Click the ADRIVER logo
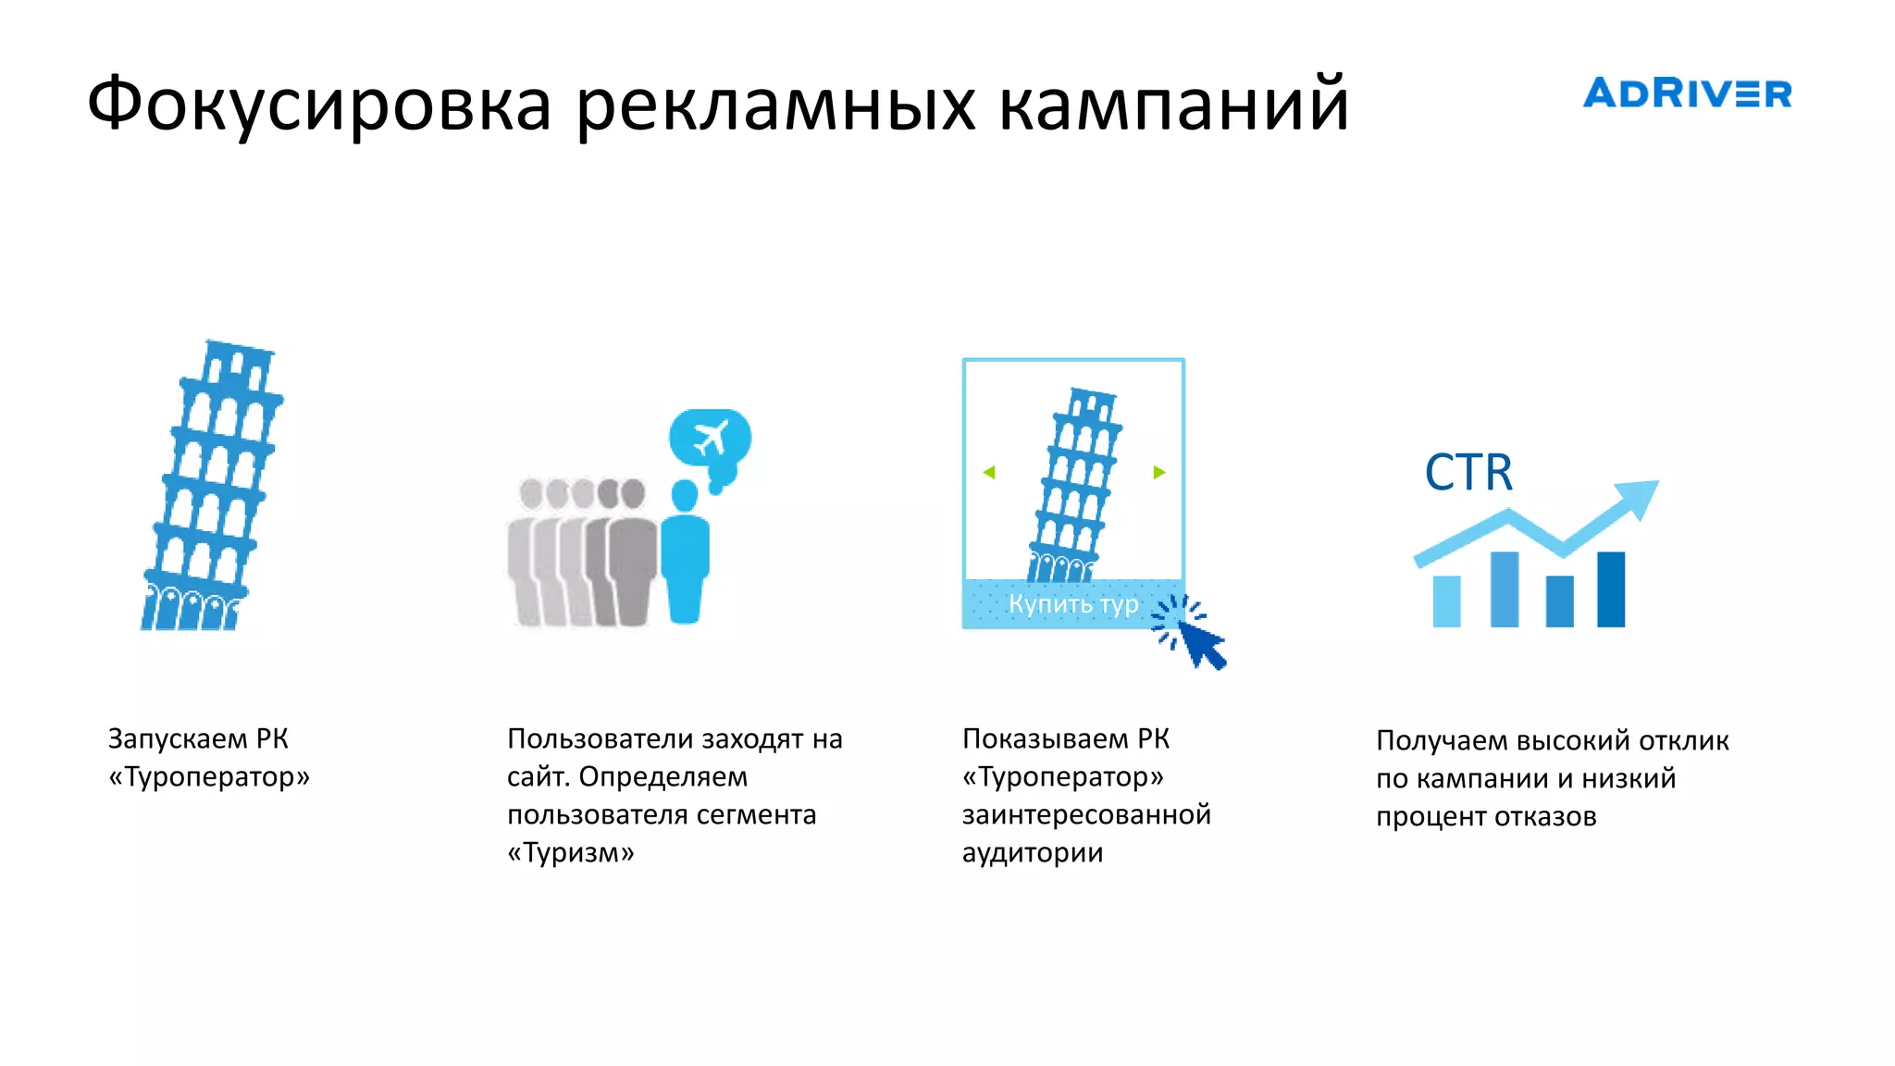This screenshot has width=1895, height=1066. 1686,93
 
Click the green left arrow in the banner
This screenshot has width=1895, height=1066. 989,473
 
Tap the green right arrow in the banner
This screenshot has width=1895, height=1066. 1159,473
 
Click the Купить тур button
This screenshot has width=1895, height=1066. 1072,604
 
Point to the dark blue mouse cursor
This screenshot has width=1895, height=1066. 1202,643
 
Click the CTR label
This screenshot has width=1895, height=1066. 1468,473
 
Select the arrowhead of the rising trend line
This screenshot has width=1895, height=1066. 1638,497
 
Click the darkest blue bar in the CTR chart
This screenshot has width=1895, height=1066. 1611,589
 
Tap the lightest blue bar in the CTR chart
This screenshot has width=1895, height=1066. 1446,601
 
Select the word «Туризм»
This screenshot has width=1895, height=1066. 571,852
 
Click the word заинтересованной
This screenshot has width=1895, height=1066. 1086,814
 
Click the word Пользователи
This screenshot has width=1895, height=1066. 600,738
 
